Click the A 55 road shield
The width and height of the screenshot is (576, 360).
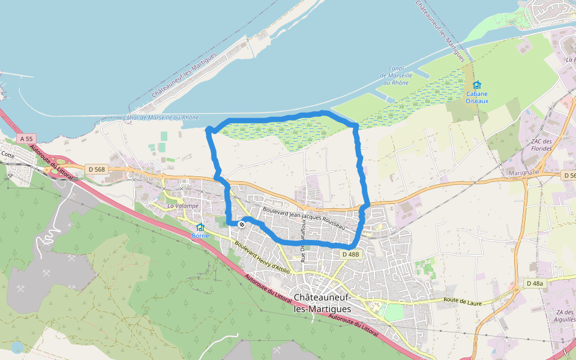25,139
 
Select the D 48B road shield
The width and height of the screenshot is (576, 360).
351,254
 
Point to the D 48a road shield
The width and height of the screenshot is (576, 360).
534,283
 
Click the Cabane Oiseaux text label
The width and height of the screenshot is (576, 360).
477,97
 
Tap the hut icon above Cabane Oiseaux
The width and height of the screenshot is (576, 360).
477,85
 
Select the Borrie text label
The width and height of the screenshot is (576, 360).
200,236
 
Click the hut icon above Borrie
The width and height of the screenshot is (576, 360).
200,227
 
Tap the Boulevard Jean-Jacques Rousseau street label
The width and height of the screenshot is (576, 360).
304,217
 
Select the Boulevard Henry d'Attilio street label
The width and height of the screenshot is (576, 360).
263,258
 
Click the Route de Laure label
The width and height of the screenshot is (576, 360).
463,301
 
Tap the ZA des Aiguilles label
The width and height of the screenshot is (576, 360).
565,316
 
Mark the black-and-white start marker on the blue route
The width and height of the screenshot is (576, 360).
241,224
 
